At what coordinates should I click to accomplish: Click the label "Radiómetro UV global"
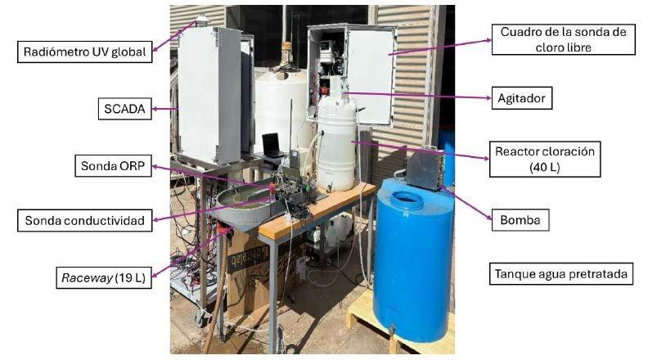coord(84,52)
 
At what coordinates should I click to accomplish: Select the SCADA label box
coord(124,109)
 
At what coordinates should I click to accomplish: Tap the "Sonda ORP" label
coord(113,166)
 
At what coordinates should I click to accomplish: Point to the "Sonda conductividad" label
coord(84,220)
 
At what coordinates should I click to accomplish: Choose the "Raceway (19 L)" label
coord(103,277)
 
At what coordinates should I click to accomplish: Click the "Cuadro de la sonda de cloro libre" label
coord(563,39)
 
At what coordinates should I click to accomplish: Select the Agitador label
coord(522,98)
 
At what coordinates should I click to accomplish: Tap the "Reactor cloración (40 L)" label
coord(545,160)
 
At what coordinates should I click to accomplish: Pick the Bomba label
coord(520,220)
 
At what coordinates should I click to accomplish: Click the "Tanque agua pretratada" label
coord(561,274)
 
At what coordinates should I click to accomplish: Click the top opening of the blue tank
coord(405,197)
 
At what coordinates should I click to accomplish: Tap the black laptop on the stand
coord(272,146)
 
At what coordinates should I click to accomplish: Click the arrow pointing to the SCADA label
coord(164,109)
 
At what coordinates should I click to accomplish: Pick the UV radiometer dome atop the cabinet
coord(202,20)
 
